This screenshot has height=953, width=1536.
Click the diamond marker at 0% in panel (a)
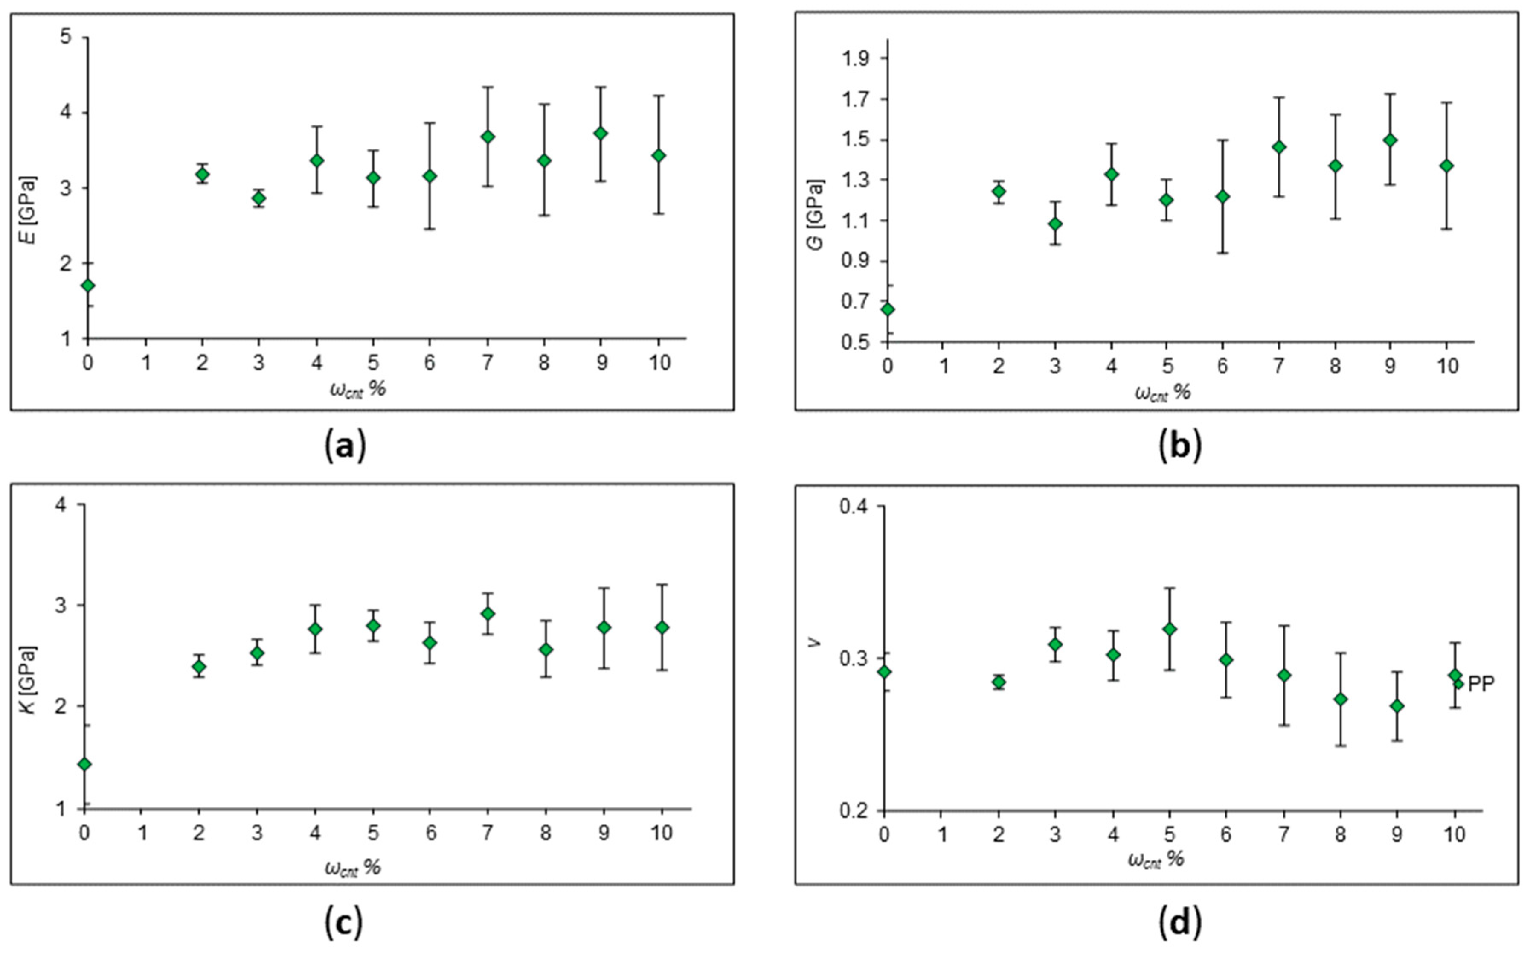88,286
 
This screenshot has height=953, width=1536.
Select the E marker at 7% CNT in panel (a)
488,137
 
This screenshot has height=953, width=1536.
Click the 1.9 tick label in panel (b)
855,58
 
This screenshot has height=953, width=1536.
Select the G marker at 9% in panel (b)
1391,140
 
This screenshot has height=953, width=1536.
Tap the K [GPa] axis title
28,679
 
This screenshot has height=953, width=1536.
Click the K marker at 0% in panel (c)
84,764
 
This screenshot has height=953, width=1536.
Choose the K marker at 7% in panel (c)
488,613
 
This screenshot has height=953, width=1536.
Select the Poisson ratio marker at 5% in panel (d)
1170,629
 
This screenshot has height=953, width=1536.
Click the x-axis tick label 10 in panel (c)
661,833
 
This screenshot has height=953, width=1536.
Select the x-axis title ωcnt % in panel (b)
1162,393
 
